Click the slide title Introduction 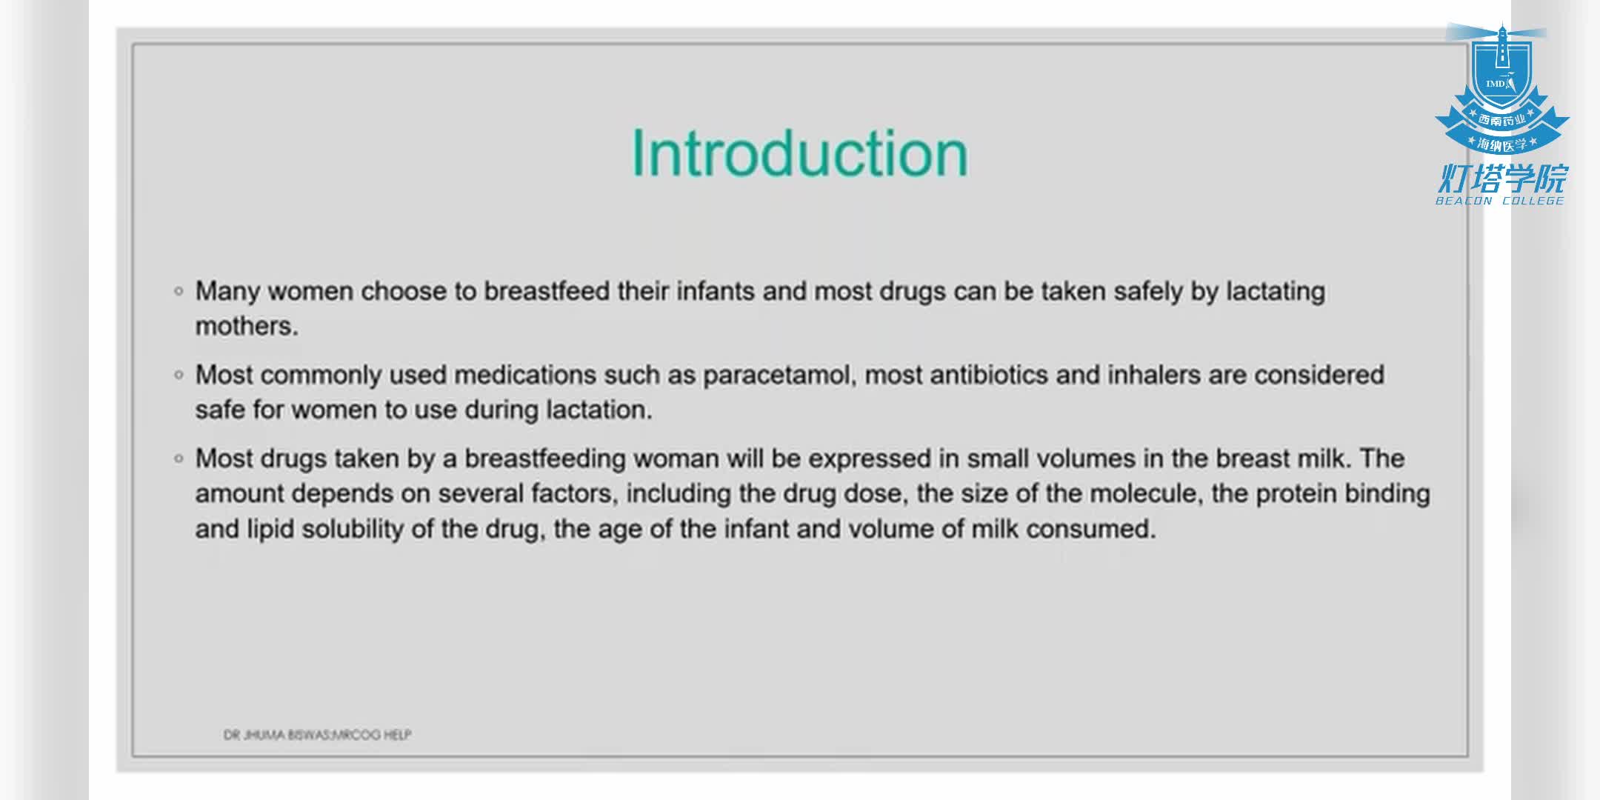(x=799, y=153)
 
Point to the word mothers (x=247, y=326)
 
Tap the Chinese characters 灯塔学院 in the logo (x=1502, y=178)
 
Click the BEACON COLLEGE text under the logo (x=1500, y=201)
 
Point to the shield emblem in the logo (x=1502, y=78)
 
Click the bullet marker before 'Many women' (x=179, y=291)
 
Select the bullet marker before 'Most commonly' (x=179, y=375)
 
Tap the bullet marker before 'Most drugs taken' (x=179, y=459)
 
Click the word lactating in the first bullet (x=1276, y=292)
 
